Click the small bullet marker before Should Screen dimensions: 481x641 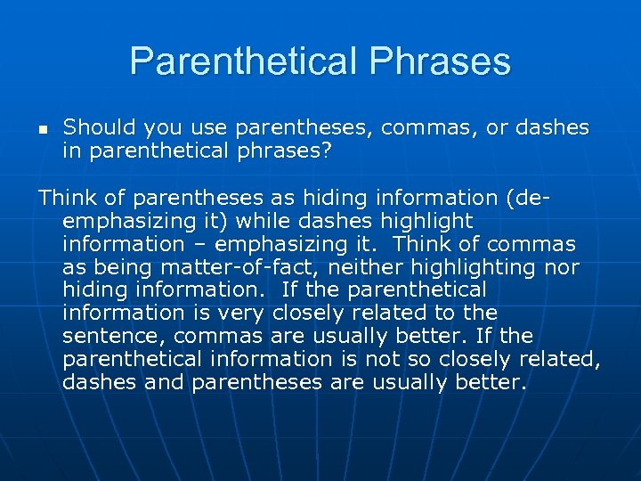click(x=44, y=128)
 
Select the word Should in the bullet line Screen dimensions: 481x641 click(x=97, y=127)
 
